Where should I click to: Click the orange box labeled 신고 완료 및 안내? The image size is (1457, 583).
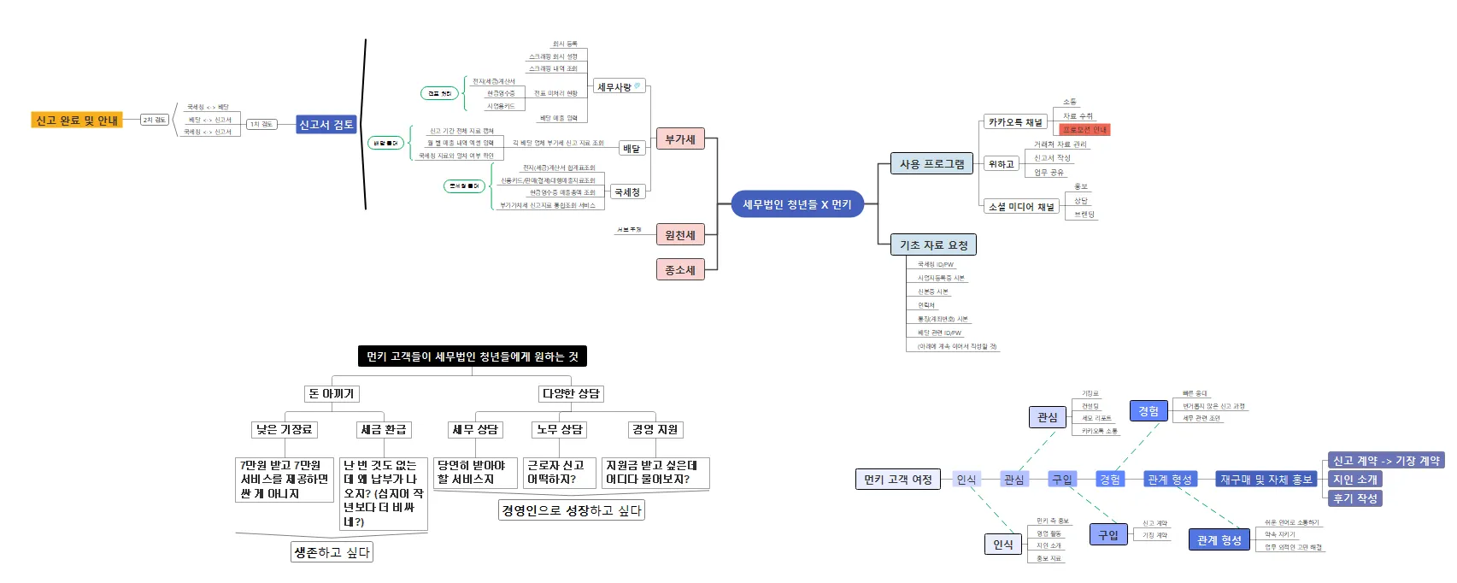(x=77, y=121)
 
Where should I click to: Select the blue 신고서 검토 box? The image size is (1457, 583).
(x=326, y=125)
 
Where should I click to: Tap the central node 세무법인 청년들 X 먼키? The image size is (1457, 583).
(x=796, y=204)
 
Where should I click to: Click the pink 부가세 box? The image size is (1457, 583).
(x=680, y=139)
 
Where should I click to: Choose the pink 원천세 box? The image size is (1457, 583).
(x=680, y=235)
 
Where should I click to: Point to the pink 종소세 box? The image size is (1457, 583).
(x=680, y=270)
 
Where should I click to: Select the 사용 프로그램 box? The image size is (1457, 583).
(x=931, y=164)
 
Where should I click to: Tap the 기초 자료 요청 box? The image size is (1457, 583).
(x=933, y=245)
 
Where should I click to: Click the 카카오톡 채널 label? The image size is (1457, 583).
(x=1015, y=122)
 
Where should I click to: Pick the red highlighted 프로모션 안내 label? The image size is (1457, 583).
(x=1084, y=130)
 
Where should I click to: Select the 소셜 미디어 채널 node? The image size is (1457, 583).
(x=1021, y=206)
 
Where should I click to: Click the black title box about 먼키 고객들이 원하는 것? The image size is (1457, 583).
(x=472, y=356)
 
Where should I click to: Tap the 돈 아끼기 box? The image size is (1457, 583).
(x=332, y=393)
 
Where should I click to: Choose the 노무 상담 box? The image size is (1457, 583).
(x=560, y=429)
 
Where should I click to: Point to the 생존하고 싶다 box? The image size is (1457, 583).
(x=332, y=552)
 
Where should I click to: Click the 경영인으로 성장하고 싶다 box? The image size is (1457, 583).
(x=571, y=510)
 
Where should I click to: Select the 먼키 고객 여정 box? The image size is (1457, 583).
(x=897, y=480)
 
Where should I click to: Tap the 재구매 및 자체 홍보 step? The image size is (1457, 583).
(x=1266, y=480)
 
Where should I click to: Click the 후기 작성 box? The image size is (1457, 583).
(x=1355, y=498)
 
